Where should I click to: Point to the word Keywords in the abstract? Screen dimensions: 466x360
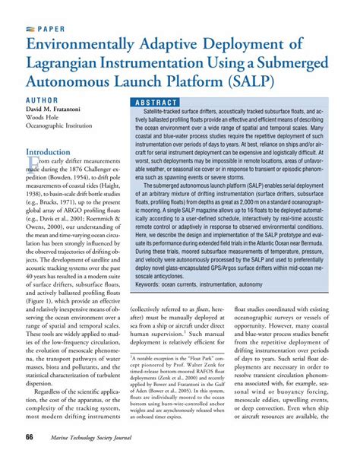click(x=149, y=283)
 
